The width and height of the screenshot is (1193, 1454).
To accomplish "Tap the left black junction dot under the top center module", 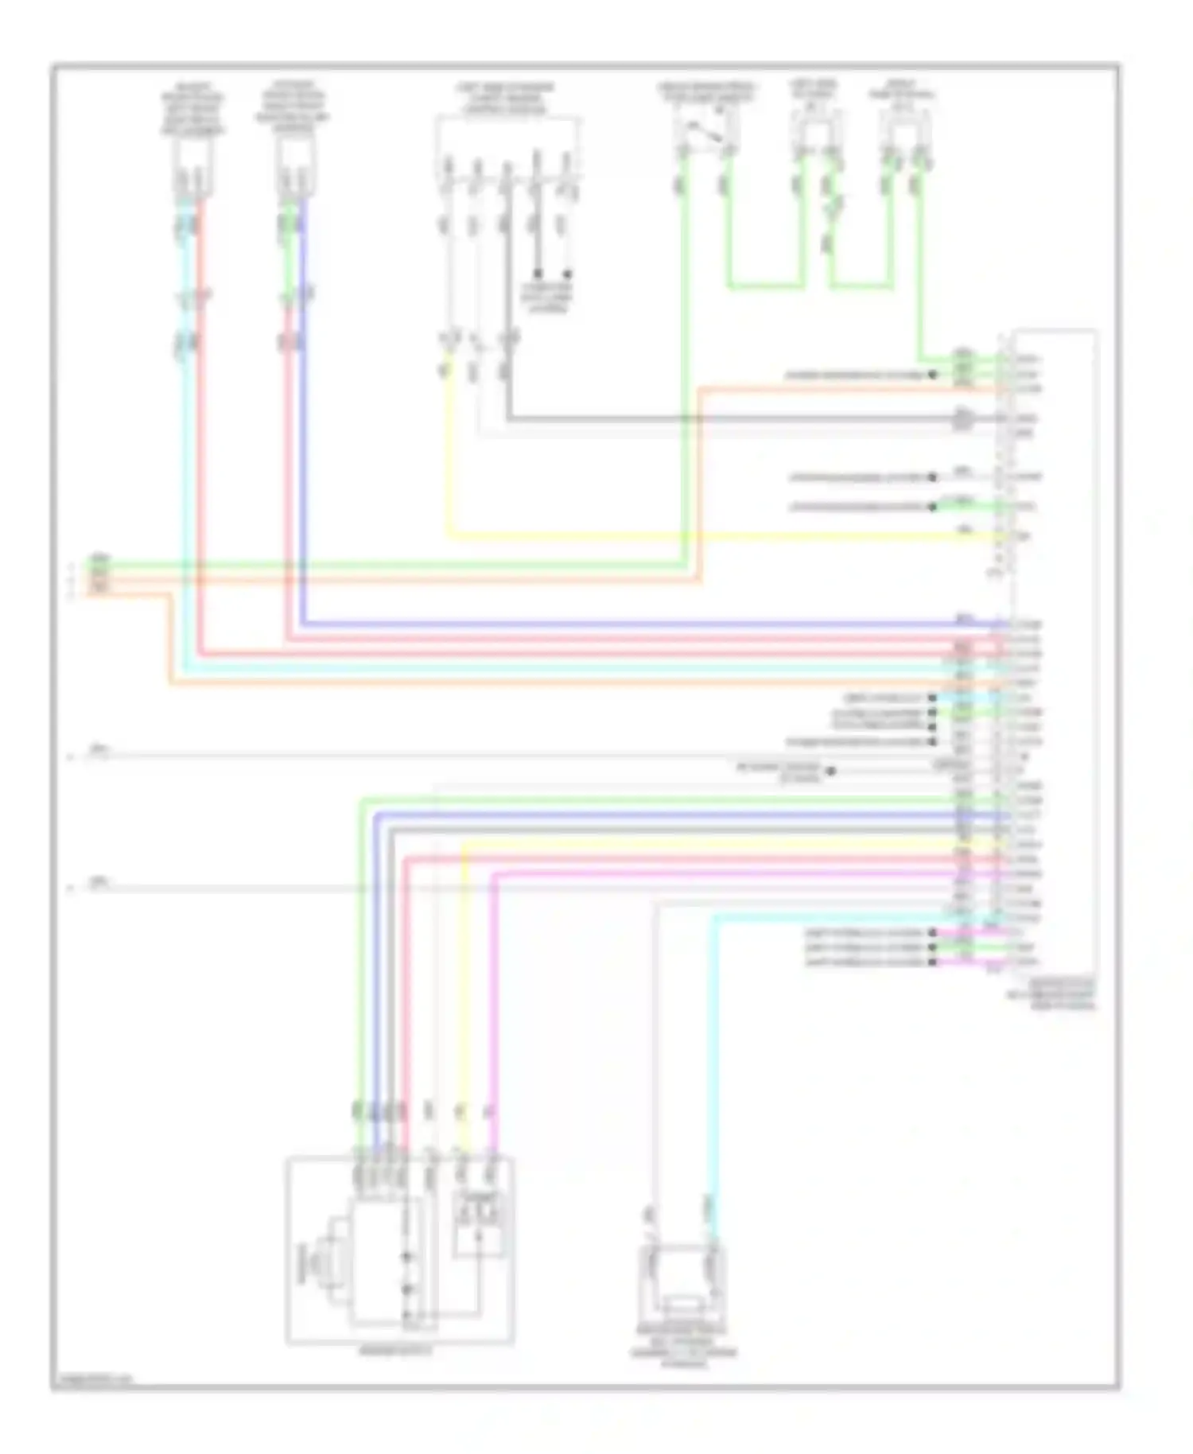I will pos(538,273).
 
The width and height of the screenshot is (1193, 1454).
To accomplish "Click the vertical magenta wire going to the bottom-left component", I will pos(492,994).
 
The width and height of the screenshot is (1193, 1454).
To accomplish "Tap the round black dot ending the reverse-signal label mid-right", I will pos(830,771).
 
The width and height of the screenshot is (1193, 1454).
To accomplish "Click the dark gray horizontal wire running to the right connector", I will pos(716,418).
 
